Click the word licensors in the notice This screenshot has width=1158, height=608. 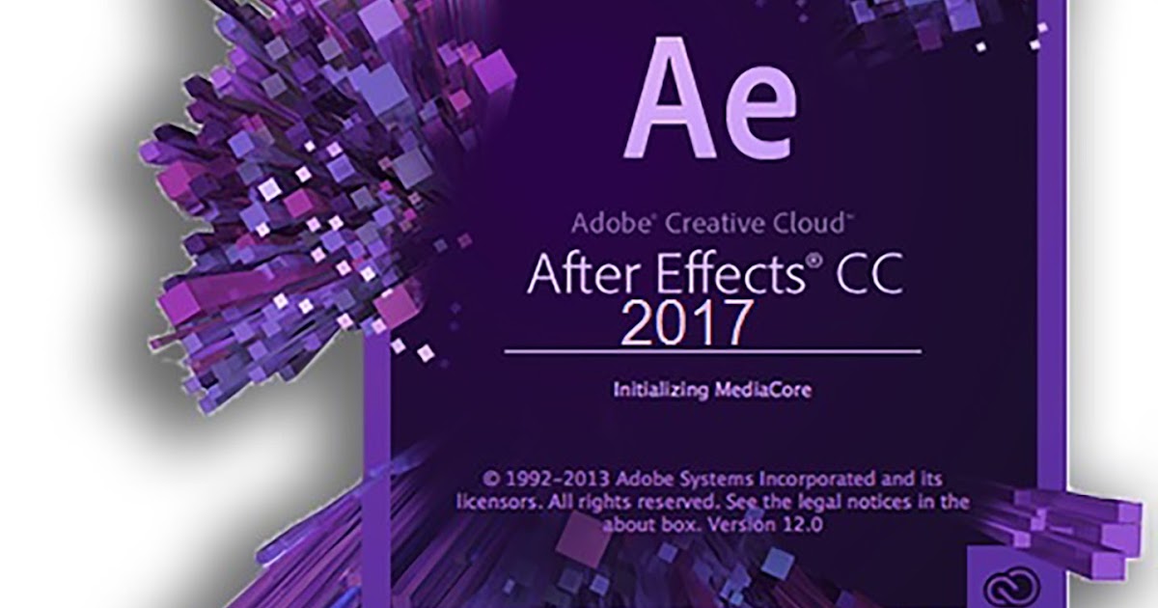tap(493, 503)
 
